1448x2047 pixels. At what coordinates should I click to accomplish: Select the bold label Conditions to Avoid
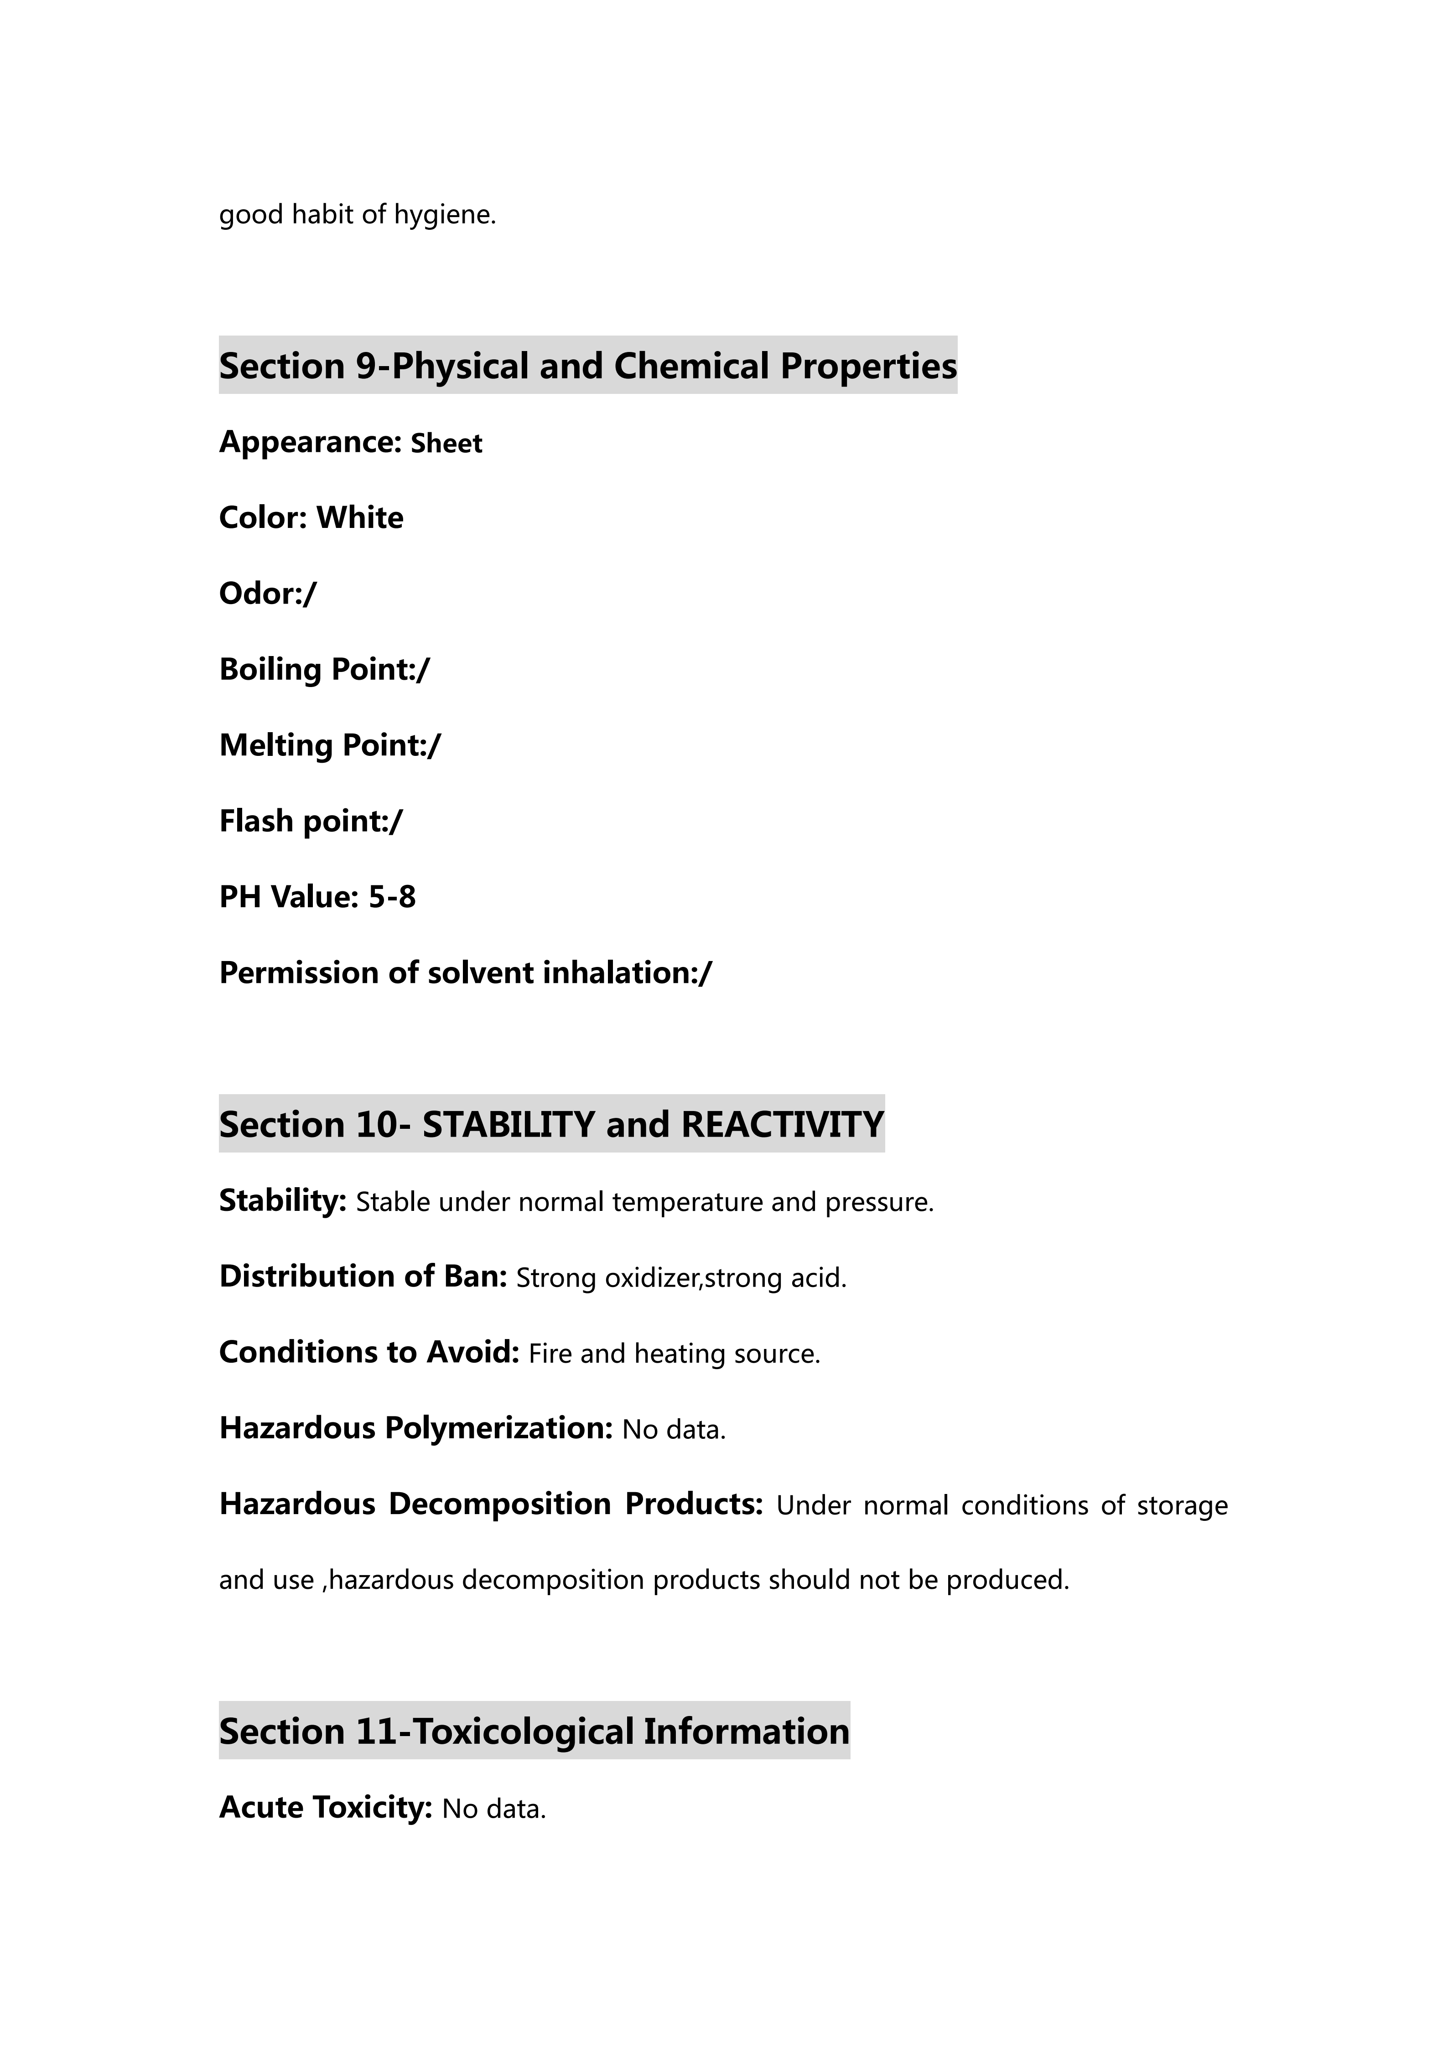(368, 1353)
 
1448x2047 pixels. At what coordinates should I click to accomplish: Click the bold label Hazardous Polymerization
(415, 1428)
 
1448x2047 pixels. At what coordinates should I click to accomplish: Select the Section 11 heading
(534, 1732)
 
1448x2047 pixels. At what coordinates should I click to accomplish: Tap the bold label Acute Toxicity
(326, 1807)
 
